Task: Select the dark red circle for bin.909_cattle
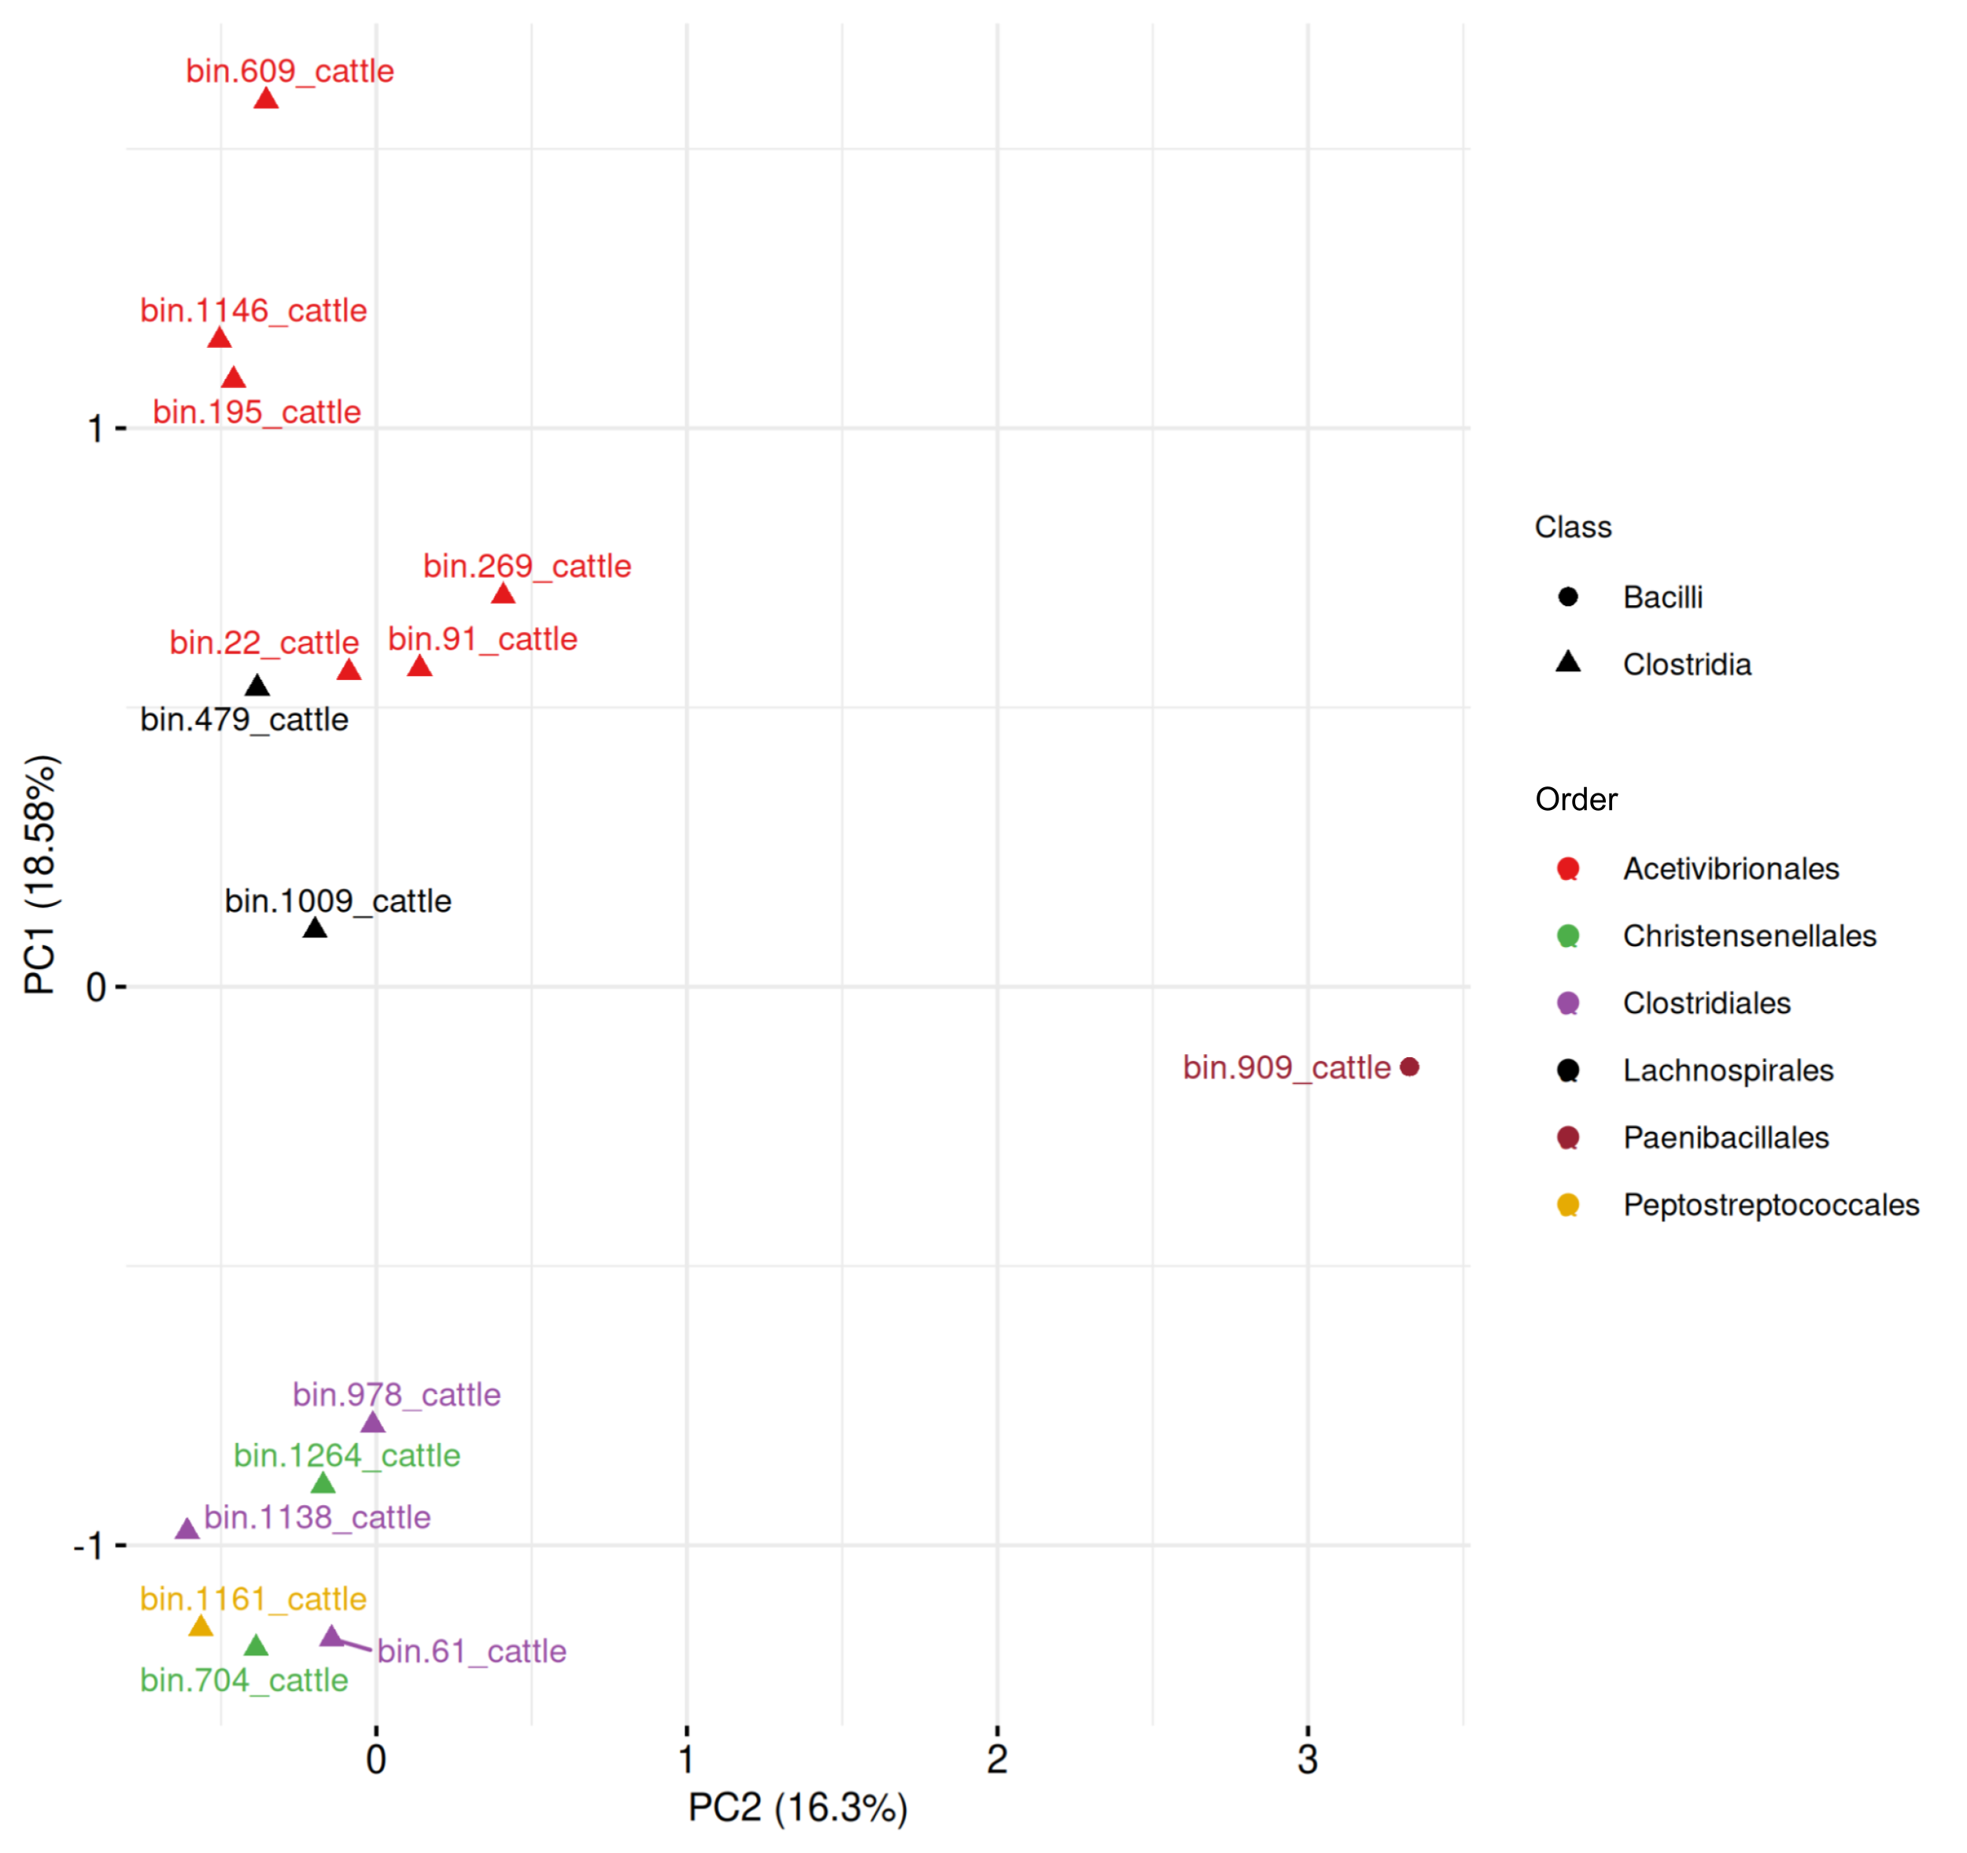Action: (1410, 1067)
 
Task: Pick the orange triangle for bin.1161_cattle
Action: (201, 1626)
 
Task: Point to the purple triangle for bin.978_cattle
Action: (372, 1423)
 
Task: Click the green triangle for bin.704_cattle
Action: (256, 1646)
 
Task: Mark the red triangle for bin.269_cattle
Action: (504, 594)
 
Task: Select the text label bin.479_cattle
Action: (245, 719)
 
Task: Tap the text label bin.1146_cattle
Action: (253, 311)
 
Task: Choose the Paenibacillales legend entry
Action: (1725, 1137)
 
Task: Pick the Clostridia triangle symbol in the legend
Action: (1568, 662)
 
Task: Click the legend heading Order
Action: (1575, 799)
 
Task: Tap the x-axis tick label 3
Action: (1308, 1759)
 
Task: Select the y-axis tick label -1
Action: (88, 1546)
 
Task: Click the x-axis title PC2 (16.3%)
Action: (798, 1807)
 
